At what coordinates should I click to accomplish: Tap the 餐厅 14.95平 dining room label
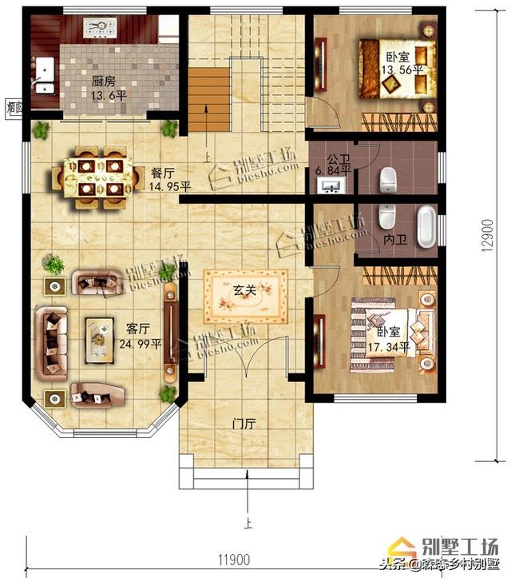coord(170,181)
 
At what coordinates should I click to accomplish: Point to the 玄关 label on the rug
coord(244,291)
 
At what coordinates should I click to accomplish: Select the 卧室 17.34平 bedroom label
coord(388,339)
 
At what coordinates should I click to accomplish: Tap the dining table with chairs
coord(100,177)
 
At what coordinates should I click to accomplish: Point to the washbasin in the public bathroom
coord(330,187)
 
